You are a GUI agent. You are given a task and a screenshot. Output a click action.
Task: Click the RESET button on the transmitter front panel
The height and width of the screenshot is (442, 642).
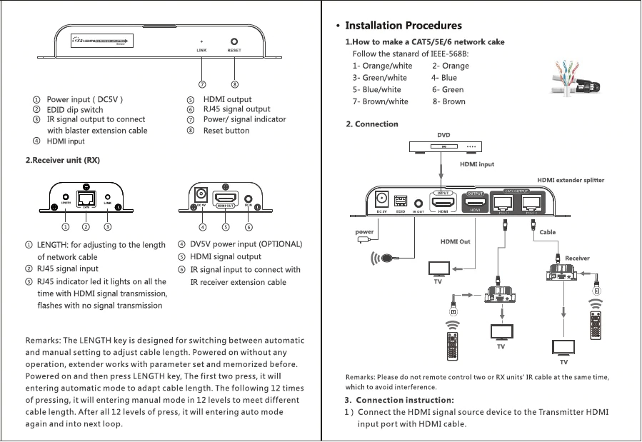point(234,41)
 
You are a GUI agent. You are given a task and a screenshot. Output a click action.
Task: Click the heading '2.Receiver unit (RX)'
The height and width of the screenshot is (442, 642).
point(63,160)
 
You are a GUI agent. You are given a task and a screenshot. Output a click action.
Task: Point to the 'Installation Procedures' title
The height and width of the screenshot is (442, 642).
point(403,26)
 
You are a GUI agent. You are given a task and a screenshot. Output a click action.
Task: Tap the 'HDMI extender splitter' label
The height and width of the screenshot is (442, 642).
point(571,180)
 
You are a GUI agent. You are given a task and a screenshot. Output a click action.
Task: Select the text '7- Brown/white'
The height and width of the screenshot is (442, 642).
point(380,101)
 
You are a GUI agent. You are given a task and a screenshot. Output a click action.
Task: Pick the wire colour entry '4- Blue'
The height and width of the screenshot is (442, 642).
point(444,78)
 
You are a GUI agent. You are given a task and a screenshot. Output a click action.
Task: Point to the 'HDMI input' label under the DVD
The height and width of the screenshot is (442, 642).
point(477,164)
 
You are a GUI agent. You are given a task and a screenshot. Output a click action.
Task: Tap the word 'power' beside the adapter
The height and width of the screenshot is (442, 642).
point(365,232)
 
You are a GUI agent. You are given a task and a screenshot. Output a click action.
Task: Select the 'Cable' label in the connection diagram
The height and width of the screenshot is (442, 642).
point(548,232)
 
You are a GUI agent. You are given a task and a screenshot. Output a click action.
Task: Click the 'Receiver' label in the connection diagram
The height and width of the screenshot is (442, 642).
point(577,258)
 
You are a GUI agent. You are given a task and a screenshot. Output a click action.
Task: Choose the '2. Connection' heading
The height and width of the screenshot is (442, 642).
point(371,124)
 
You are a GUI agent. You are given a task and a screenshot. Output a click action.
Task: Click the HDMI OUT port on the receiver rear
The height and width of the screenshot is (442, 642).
point(226,197)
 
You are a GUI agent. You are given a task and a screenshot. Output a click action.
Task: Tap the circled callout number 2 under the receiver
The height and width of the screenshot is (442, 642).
point(86,227)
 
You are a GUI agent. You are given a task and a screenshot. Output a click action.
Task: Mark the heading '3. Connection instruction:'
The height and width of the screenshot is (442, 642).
point(398,399)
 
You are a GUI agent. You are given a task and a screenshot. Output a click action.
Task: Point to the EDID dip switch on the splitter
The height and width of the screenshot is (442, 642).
point(401,201)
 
